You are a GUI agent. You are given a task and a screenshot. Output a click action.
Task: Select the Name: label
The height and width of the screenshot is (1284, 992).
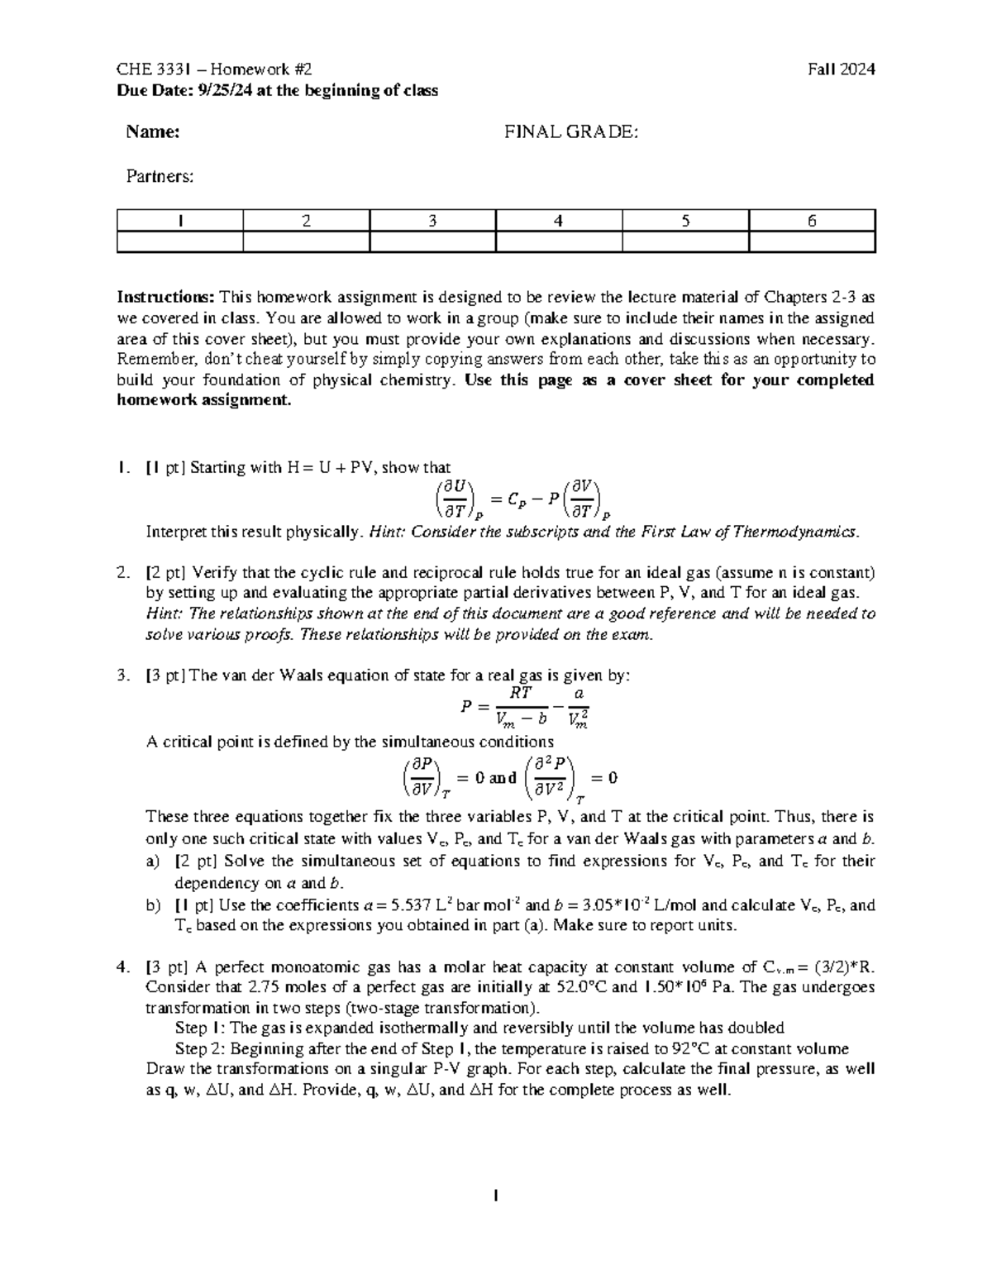(x=152, y=131)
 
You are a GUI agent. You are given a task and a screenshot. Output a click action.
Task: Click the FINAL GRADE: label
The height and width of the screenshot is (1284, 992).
(x=571, y=131)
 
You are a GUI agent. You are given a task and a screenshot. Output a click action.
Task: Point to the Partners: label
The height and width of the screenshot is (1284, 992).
(x=159, y=175)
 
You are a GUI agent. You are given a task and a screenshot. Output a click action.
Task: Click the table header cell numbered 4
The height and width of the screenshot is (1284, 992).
(x=558, y=221)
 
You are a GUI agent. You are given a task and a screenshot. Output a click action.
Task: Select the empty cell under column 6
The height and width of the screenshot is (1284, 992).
(x=811, y=241)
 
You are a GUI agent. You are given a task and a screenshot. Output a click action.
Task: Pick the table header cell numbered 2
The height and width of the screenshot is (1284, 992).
(x=306, y=221)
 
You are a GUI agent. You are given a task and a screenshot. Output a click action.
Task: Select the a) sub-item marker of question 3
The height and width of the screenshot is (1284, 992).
(x=152, y=862)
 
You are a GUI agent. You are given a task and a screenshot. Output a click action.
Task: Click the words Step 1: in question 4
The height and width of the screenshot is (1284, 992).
(x=198, y=1028)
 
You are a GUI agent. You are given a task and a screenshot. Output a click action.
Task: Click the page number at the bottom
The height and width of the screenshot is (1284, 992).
(x=495, y=1196)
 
